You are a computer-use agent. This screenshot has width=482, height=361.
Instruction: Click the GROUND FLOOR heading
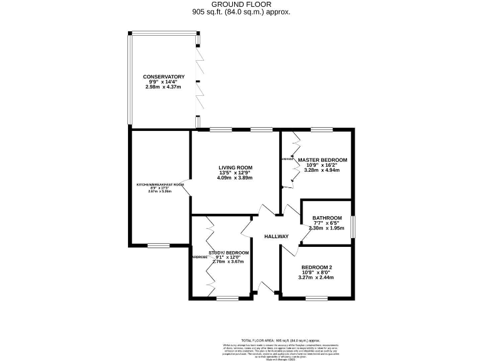tap(241, 4)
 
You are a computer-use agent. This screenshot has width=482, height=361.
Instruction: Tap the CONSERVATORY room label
tap(163, 76)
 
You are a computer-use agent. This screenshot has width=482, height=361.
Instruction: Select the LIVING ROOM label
tap(235, 167)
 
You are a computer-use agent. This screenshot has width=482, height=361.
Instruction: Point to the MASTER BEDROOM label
tap(322, 160)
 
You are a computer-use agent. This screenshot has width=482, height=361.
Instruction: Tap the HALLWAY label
tap(276, 236)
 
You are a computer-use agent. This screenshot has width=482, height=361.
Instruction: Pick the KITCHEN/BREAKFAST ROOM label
tap(161, 184)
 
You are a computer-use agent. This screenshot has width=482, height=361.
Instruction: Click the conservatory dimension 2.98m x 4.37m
tap(163, 86)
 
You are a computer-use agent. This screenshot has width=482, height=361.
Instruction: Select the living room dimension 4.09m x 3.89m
tap(235, 177)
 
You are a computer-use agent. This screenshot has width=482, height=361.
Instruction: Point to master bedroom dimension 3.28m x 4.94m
tap(322, 170)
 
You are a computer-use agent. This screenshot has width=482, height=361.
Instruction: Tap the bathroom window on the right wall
tap(352, 226)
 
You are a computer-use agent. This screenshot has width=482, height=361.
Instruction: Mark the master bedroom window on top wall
tap(321, 130)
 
